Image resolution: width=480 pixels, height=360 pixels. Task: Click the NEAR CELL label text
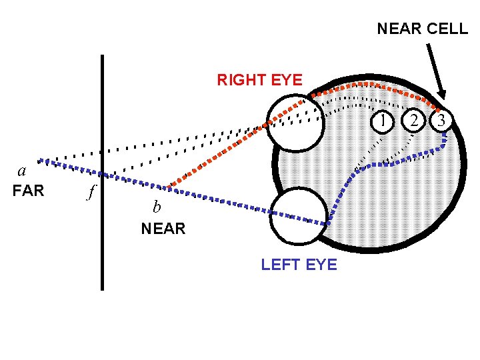(422, 29)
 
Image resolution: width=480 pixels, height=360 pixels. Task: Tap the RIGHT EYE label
(259, 81)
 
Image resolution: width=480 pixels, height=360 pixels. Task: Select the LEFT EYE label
(299, 265)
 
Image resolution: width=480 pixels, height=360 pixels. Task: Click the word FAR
(29, 191)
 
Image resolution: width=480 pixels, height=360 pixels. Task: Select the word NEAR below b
(163, 229)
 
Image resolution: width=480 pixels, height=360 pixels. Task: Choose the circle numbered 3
(442, 121)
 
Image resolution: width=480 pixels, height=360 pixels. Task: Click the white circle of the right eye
(295, 122)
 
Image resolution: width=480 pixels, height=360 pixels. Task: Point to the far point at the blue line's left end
(40, 160)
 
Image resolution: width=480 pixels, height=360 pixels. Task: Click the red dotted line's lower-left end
(171, 186)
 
